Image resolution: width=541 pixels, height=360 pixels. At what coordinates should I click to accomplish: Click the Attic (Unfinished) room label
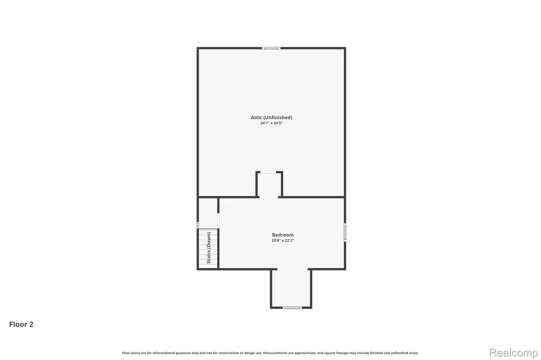click(x=271, y=117)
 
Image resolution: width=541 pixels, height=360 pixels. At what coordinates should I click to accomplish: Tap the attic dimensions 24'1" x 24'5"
click(x=271, y=123)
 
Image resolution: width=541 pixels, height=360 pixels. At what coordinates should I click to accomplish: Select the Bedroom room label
click(x=283, y=235)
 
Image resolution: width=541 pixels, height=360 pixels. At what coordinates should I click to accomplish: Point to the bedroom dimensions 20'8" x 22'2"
click(x=283, y=240)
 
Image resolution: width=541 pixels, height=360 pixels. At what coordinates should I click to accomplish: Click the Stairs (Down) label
click(x=209, y=248)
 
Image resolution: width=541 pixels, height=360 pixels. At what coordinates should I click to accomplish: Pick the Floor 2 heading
click(x=21, y=324)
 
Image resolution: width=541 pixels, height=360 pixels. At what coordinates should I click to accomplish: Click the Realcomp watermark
click(x=514, y=353)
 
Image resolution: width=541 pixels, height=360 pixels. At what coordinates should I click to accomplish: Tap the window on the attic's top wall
click(x=271, y=48)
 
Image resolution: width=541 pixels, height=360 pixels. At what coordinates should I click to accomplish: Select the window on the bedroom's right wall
click(x=344, y=232)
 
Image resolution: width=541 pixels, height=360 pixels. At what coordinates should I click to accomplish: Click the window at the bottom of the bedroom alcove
click(x=292, y=307)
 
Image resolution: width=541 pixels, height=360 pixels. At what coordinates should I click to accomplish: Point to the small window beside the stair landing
click(x=198, y=225)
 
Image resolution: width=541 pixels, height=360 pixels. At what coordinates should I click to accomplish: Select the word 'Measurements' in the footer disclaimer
click(x=275, y=353)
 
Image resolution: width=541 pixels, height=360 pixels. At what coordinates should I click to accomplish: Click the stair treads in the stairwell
click(x=208, y=248)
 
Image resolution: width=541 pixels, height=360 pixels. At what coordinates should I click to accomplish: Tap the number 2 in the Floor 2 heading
click(x=31, y=324)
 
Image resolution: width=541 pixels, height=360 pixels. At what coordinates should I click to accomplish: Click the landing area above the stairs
click(x=208, y=213)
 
